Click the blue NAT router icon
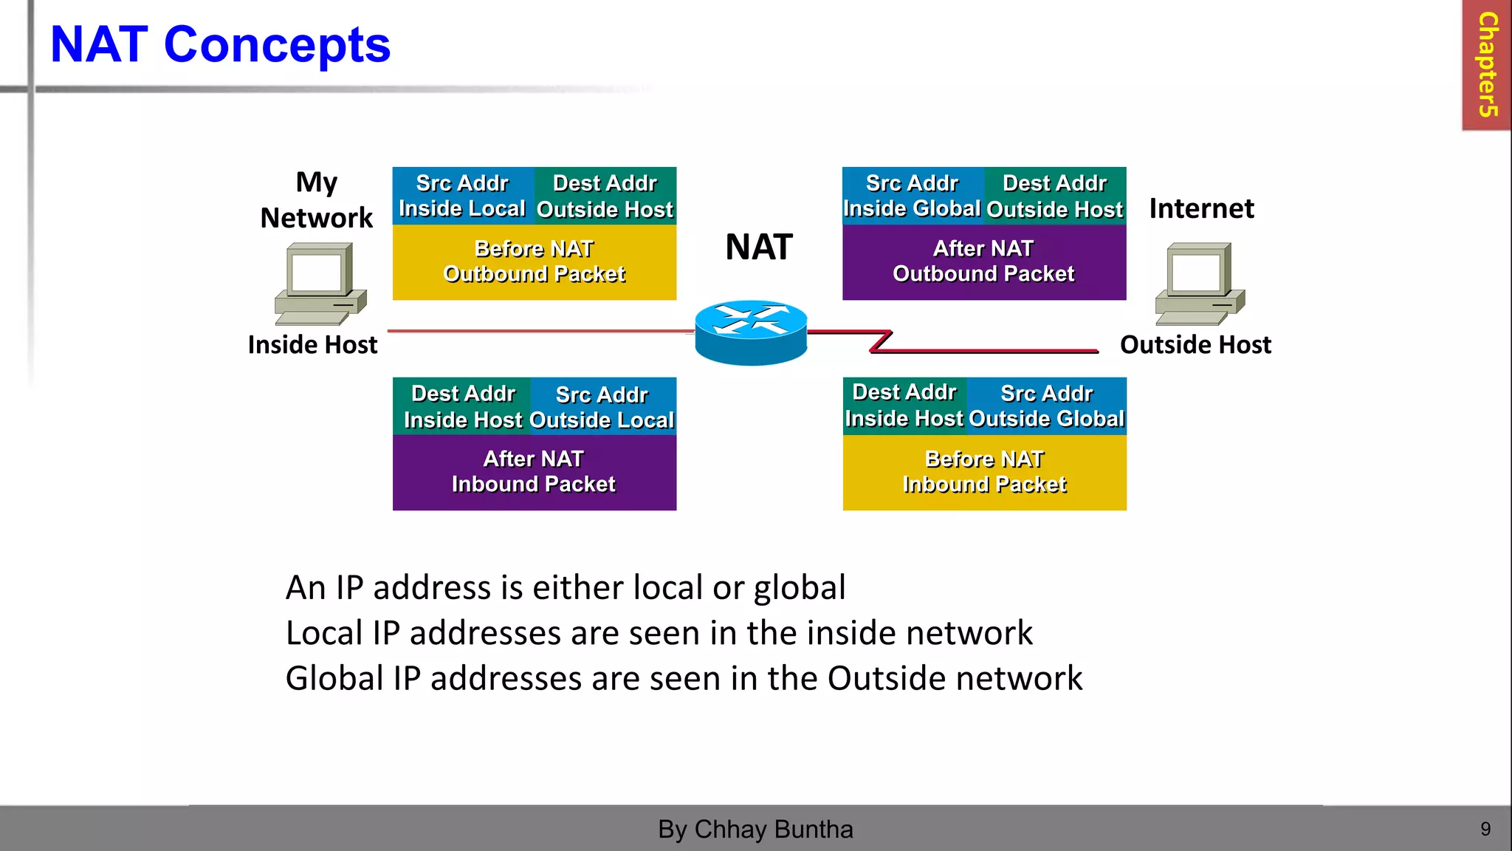(x=751, y=332)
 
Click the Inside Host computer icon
(x=320, y=284)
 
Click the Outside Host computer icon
(x=1200, y=284)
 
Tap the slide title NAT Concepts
(x=220, y=45)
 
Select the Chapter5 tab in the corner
(x=1487, y=65)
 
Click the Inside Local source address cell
(x=462, y=196)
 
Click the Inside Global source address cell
(x=913, y=196)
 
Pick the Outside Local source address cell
(x=602, y=406)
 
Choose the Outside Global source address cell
(x=1046, y=406)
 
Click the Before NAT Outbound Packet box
(x=534, y=262)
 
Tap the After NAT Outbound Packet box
(x=984, y=262)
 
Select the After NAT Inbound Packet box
(x=534, y=472)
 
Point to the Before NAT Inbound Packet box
(x=984, y=472)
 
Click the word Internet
(x=1201, y=208)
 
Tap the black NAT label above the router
(x=759, y=247)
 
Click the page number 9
(x=1485, y=829)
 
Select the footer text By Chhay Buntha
(x=755, y=829)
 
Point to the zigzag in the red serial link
(x=882, y=341)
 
